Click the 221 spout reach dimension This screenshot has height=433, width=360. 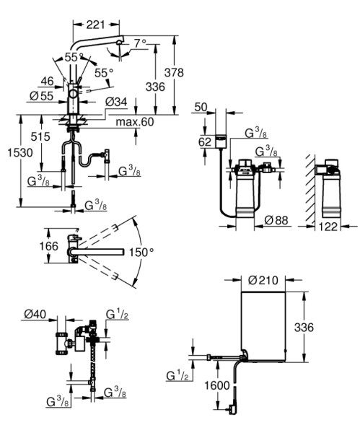(x=95, y=25)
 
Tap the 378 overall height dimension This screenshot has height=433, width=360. (x=174, y=72)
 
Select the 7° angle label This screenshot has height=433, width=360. (x=140, y=43)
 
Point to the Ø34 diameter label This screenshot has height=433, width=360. (x=116, y=102)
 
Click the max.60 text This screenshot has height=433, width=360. (x=135, y=121)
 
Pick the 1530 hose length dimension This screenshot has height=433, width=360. (x=20, y=152)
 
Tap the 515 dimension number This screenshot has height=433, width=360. (x=40, y=136)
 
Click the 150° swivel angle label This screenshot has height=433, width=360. (x=141, y=252)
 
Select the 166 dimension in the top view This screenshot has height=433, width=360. (x=49, y=246)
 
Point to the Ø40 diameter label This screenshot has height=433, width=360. (x=35, y=314)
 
